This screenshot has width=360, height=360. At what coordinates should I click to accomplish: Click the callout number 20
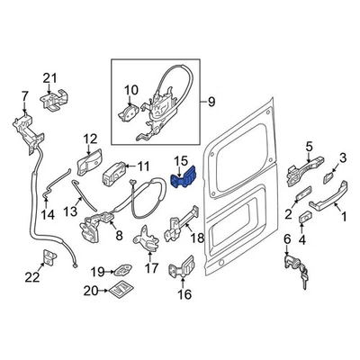(x=89, y=290)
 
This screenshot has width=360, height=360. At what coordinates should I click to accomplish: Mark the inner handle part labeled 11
(x=119, y=172)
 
